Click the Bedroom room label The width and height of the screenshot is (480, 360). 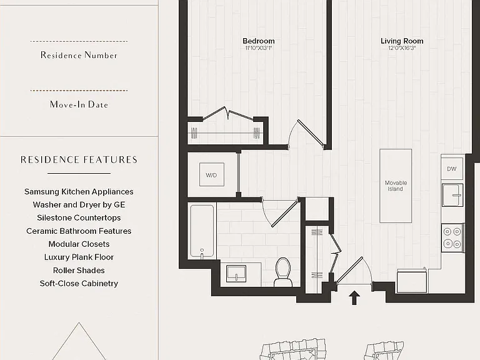pyautogui.click(x=258, y=41)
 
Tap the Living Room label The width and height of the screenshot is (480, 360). pyautogui.click(x=402, y=41)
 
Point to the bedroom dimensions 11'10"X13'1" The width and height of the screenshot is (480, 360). pyautogui.click(x=258, y=48)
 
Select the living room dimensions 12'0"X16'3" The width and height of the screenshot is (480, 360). pyautogui.click(x=402, y=48)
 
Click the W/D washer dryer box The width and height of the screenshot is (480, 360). pyautogui.click(x=211, y=174)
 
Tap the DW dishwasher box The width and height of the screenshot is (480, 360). pyautogui.click(x=452, y=169)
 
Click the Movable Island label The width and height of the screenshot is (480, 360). pyautogui.click(x=396, y=186)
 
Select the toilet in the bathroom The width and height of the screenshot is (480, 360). pyautogui.click(x=283, y=272)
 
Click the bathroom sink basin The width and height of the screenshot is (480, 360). pyautogui.click(x=236, y=273)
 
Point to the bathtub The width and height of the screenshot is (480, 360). pyautogui.click(x=202, y=232)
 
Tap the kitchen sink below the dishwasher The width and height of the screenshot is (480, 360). pyautogui.click(x=452, y=195)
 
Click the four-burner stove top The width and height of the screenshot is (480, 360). pyautogui.click(x=452, y=237)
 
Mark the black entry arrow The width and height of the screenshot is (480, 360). pyautogui.click(x=354, y=298)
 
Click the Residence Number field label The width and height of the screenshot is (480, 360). pyautogui.click(x=79, y=55)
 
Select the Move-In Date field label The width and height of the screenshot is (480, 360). pyautogui.click(x=79, y=104)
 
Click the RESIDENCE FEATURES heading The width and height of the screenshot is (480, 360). pyautogui.click(x=79, y=159)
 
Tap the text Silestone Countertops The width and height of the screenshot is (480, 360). pyautogui.click(x=79, y=217)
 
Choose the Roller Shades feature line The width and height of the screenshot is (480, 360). pyautogui.click(x=79, y=270)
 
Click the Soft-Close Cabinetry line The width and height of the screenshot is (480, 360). pyautogui.click(x=79, y=284)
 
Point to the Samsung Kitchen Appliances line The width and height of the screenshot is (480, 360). pyautogui.click(x=79, y=192)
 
